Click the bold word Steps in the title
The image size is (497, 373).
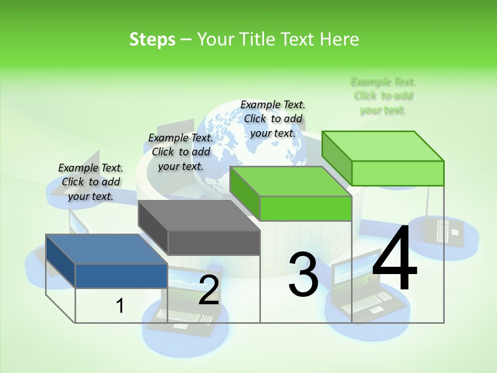(152, 39)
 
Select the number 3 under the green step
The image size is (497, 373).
(303, 275)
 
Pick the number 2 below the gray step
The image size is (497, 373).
(209, 290)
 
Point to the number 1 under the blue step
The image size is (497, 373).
(120, 306)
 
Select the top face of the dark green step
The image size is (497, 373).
(290, 181)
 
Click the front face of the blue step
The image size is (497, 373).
(121, 276)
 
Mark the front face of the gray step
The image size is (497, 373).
(214, 242)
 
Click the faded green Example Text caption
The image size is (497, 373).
(383, 96)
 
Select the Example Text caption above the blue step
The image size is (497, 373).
(91, 182)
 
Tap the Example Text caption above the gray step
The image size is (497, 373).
(181, 152)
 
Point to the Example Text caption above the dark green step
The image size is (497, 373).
(273, 119)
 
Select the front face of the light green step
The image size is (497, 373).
(398, 173)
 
